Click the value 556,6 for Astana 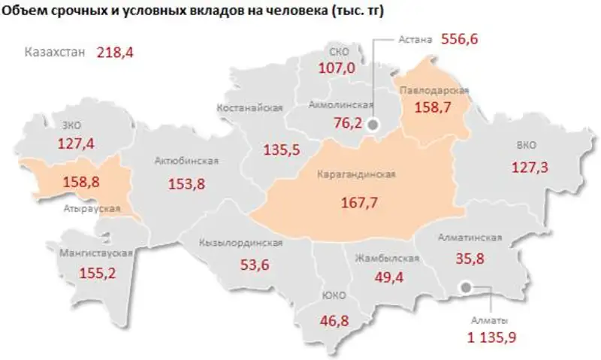[464, 38]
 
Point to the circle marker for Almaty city [466, 286]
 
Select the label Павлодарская [434, 90]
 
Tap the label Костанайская [249, 107]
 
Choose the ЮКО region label [334, 295]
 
